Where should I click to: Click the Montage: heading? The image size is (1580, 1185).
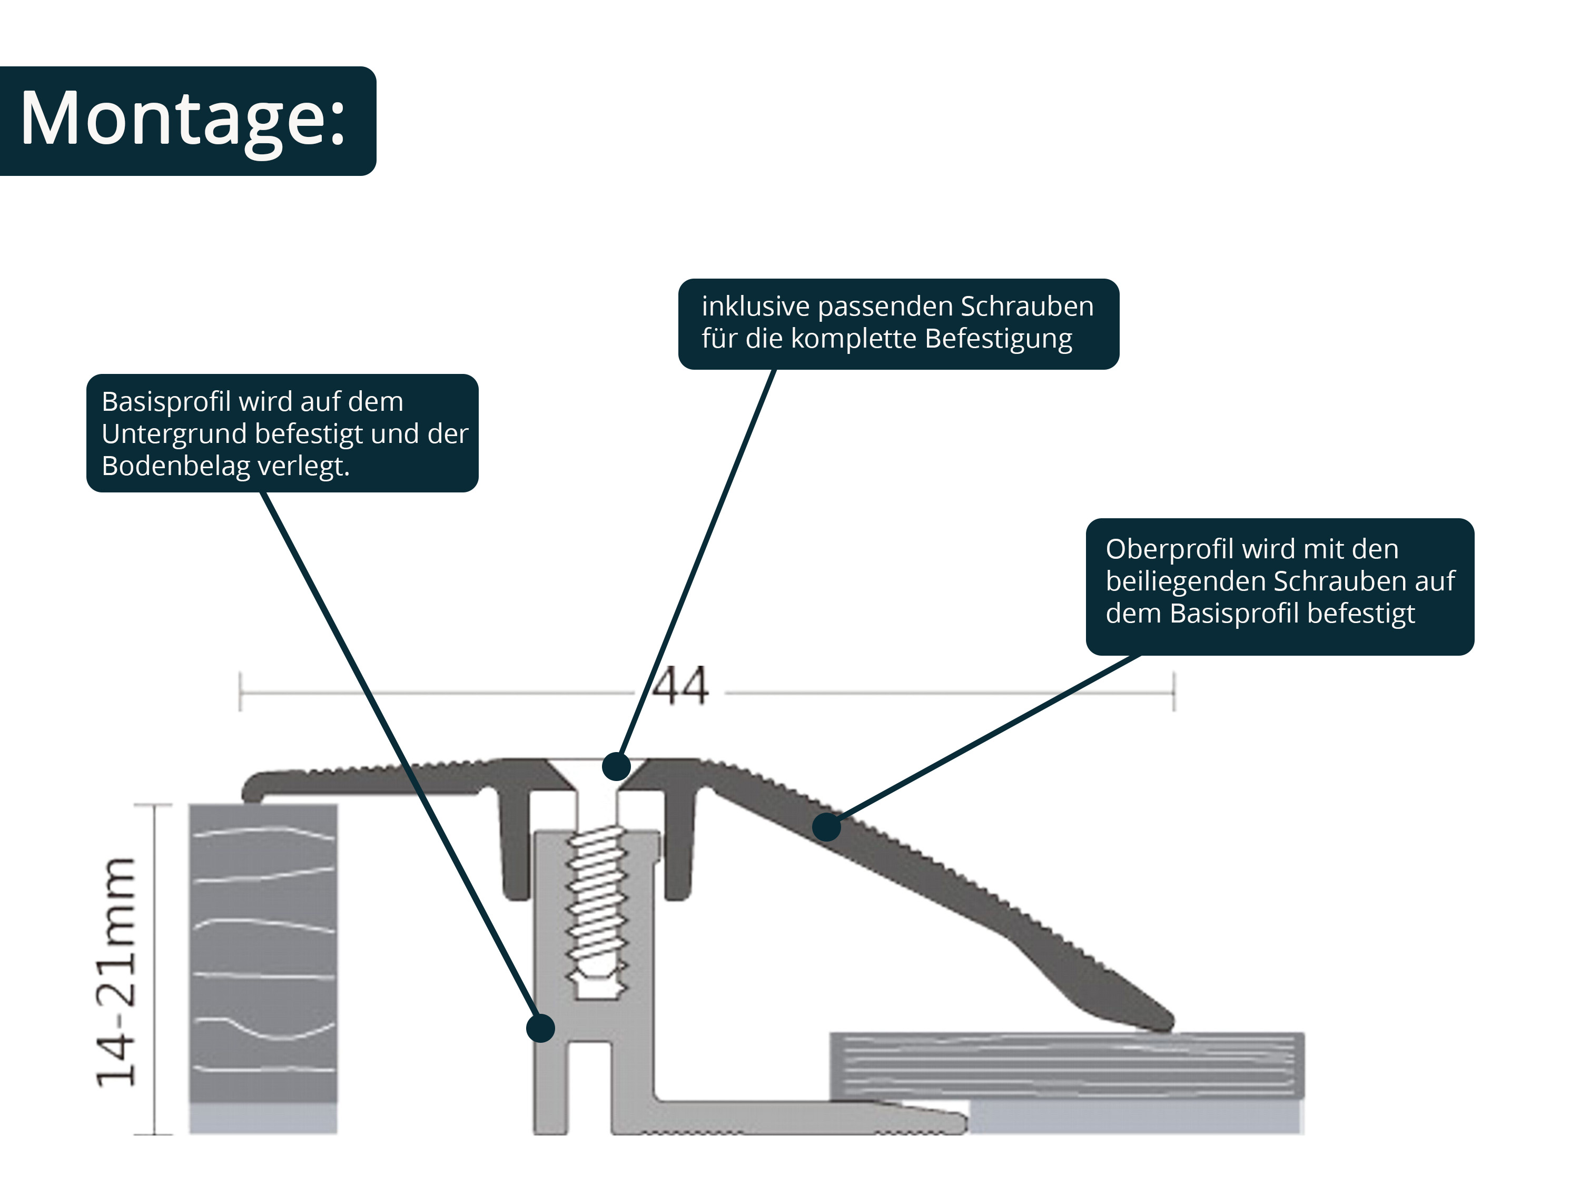click(183, 119)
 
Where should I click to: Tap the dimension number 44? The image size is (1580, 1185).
click(680, 687)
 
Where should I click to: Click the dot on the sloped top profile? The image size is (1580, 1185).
click(826, 827)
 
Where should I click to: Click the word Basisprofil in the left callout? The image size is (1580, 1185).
click(166, 402)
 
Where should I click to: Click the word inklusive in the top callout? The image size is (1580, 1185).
click(756, 307)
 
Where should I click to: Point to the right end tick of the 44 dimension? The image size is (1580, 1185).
click(1173, 692)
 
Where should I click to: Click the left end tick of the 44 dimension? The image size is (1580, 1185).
click(240, 692)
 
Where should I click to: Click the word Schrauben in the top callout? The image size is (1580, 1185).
click(1026, 307)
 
